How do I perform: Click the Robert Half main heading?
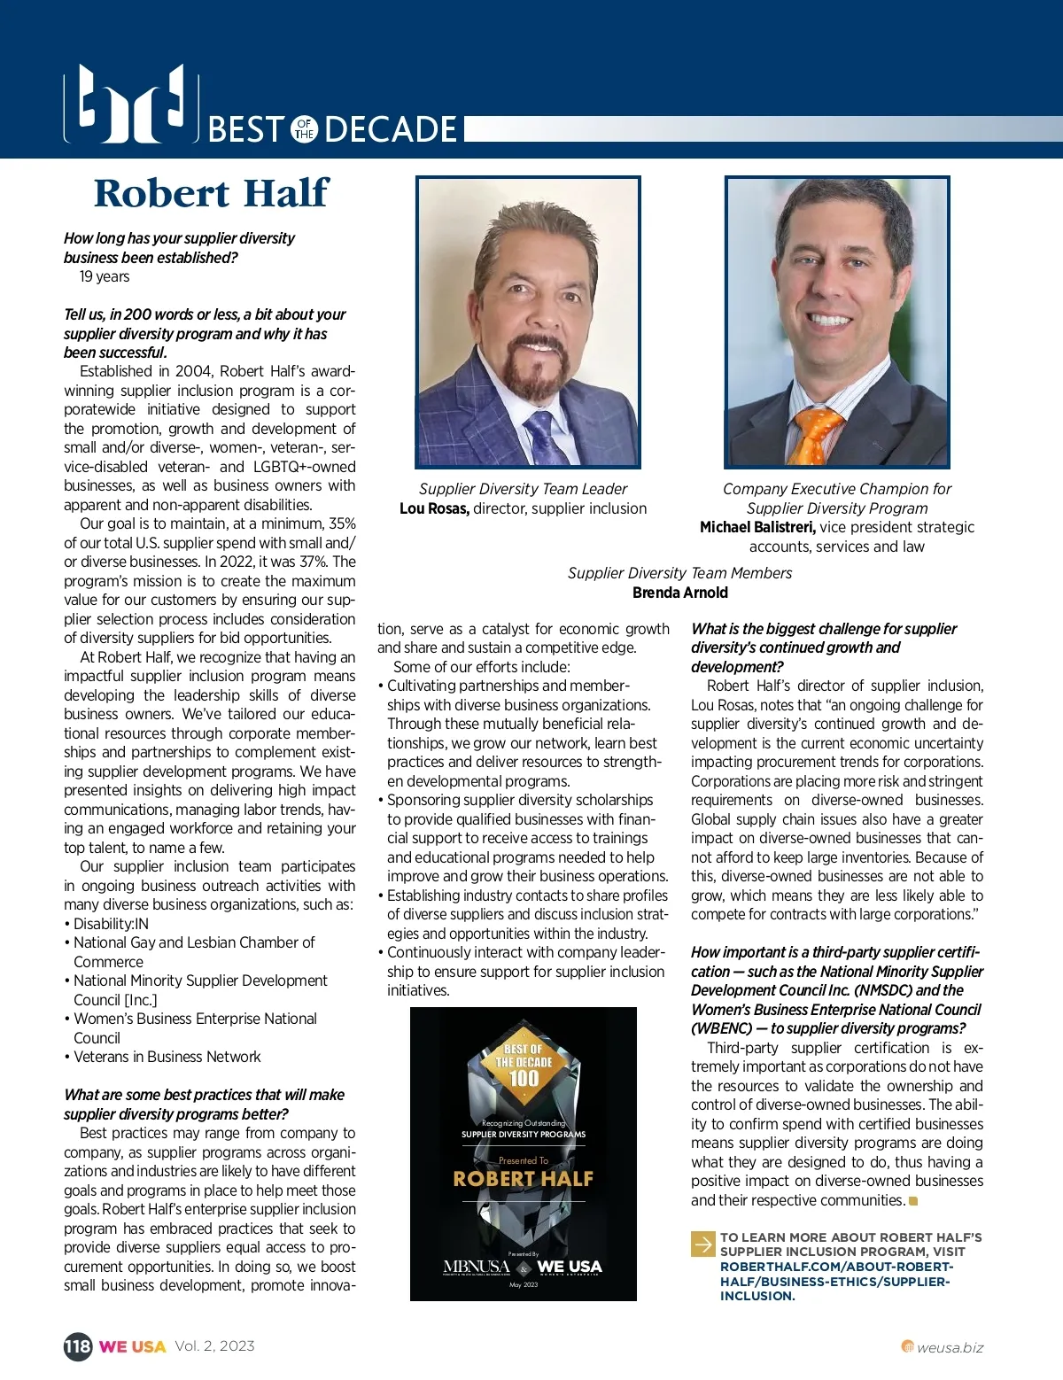click(211, 194)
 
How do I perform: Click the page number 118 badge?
click(77, 1346)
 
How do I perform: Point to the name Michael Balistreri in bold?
click(757, 527)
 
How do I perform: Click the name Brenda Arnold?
click(680, 593)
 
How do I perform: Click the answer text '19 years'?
click(105, 276)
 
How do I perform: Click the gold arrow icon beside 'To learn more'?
click(702, 1244)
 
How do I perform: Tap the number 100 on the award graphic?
click(524, 1077)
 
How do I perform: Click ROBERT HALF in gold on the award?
click(524, 1179)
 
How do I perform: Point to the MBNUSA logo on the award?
click(477, 1267)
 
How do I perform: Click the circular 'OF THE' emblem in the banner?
click(305, 129)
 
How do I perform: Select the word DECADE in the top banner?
click(391, 129)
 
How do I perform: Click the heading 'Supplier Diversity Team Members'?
click(680, 573)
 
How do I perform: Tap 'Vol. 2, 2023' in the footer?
click(214, 1346)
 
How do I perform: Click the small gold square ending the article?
click(913, 1201)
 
